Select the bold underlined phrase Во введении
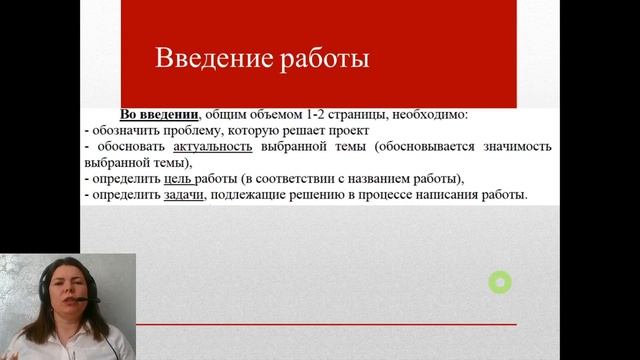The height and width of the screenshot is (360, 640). click(158, 115)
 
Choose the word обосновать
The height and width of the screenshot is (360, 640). click(128, 147)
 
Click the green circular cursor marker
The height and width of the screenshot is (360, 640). click(499, 283)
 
